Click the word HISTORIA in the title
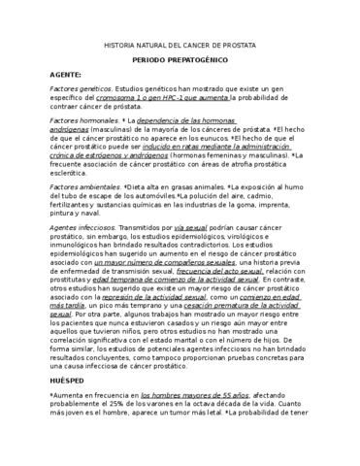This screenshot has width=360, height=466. click(x=120, y=45)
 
